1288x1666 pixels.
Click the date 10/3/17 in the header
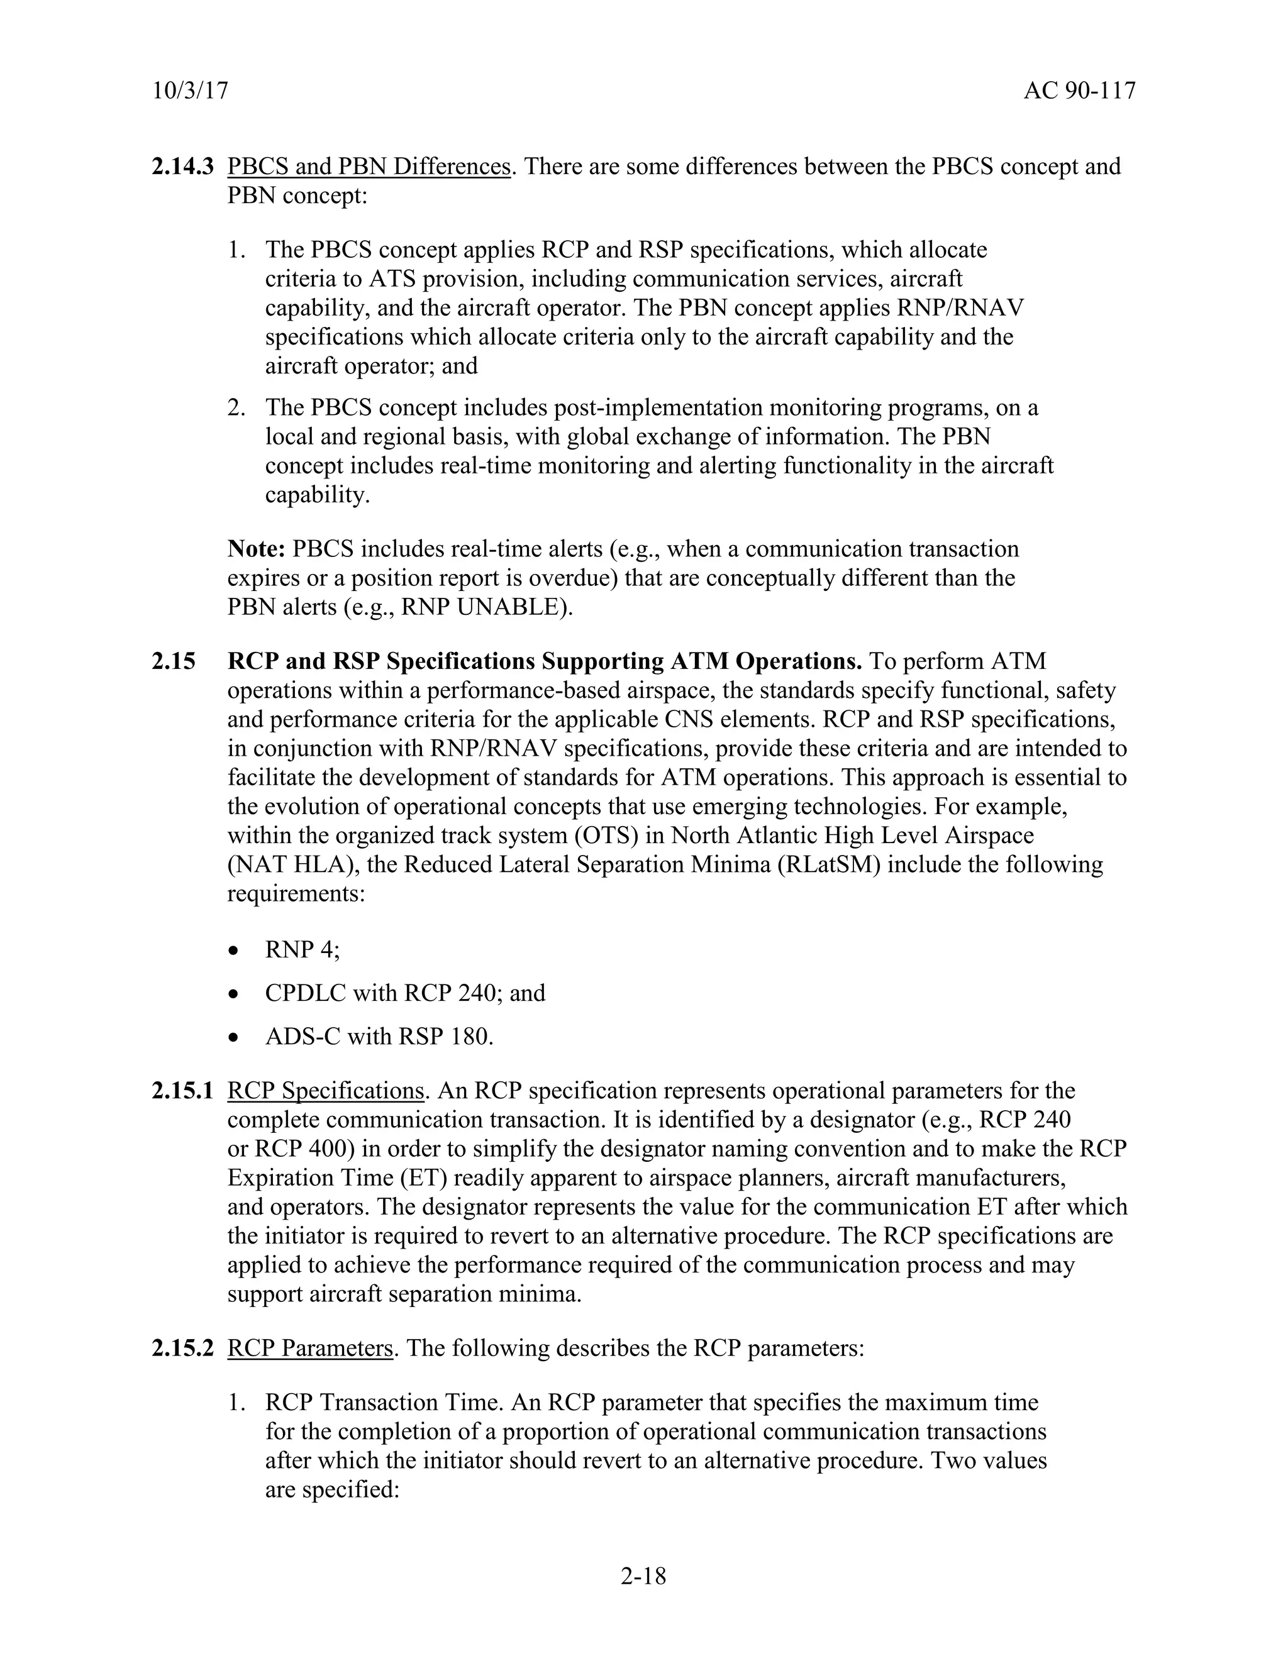pyautogui.click(x=190, y=92)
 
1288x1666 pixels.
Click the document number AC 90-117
pyautogui.click(x=1079, y=92)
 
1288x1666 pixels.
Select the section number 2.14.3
pyautogui.click(x=182, y=167)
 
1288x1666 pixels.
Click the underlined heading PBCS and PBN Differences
pyautogui.click(x=369, y=167)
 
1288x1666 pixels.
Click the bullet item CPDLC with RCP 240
pyautogui.click(x=404, y=993)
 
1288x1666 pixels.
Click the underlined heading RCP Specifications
pyautogui.click(x=325, y=1091)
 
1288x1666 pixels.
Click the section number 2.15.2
pyautogui.click(x=182, y=1348)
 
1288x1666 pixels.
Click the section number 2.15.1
pyautogui.click(x=182, y=1091)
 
